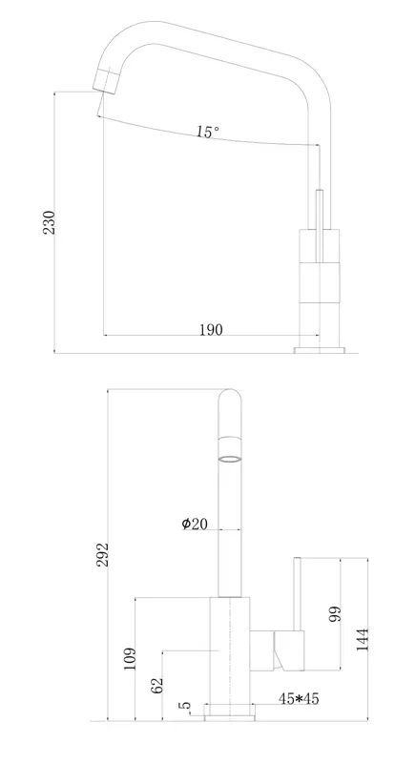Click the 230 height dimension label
(50, 222)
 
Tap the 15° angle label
(208, 132)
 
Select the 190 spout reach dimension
(211, 330)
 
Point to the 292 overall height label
(102, 554)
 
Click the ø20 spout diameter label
(195, 524)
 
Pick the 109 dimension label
(130, 658)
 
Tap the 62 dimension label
(156, 684)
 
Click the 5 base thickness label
(185, 705)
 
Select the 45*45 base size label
(299, 699)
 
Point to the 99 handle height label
(335, 613)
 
